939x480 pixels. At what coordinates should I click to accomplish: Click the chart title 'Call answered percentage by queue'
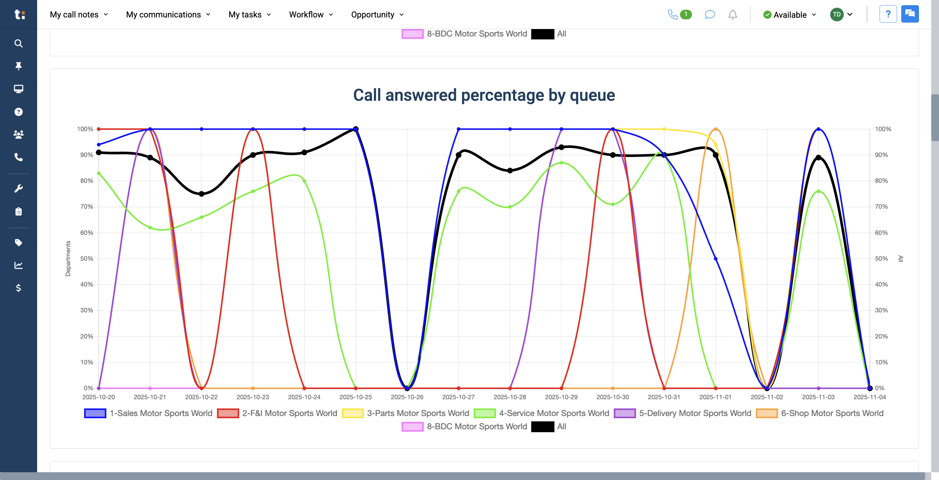[484, 95]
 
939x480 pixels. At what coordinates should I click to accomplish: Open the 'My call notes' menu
[79, 15]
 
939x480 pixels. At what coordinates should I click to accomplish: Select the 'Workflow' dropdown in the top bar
[311, 15]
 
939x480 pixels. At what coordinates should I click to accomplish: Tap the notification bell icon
[732, 15]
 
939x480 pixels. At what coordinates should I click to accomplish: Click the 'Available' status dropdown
[789, 15]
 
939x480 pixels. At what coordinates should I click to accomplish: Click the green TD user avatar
[837, 15]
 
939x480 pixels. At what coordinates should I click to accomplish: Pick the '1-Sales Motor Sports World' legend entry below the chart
[148, 413]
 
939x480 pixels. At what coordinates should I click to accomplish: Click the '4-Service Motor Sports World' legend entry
[542, 413]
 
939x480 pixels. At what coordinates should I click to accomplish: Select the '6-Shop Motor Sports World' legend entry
[820, 413]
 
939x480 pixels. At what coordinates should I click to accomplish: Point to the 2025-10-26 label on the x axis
[407, 397]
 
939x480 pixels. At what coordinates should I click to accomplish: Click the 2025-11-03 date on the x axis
[818, 397]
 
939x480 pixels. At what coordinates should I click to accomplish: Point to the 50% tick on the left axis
[87, 259]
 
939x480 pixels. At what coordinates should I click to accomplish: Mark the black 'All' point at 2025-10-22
[201, 194]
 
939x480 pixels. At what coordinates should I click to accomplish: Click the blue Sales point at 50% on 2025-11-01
[716, 259]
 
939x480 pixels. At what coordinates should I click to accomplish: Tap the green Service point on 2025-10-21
[150, 228]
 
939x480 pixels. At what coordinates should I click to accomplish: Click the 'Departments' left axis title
[68, 259]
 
